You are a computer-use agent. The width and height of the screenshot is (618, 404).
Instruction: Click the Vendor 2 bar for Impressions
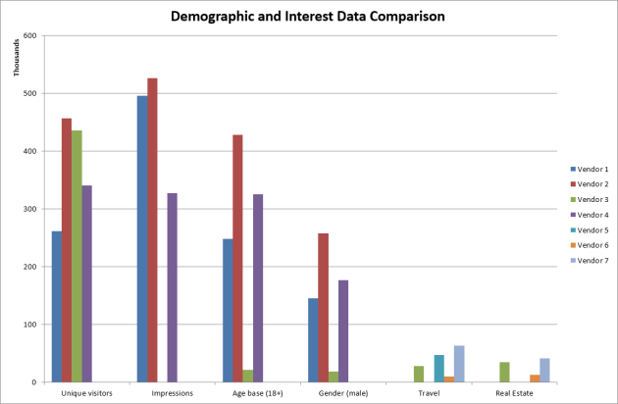pos(152,229)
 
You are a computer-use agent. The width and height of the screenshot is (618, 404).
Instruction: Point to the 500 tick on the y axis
pos(29,94)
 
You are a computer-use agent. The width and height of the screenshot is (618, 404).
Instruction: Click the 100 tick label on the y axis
pos(29,325)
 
